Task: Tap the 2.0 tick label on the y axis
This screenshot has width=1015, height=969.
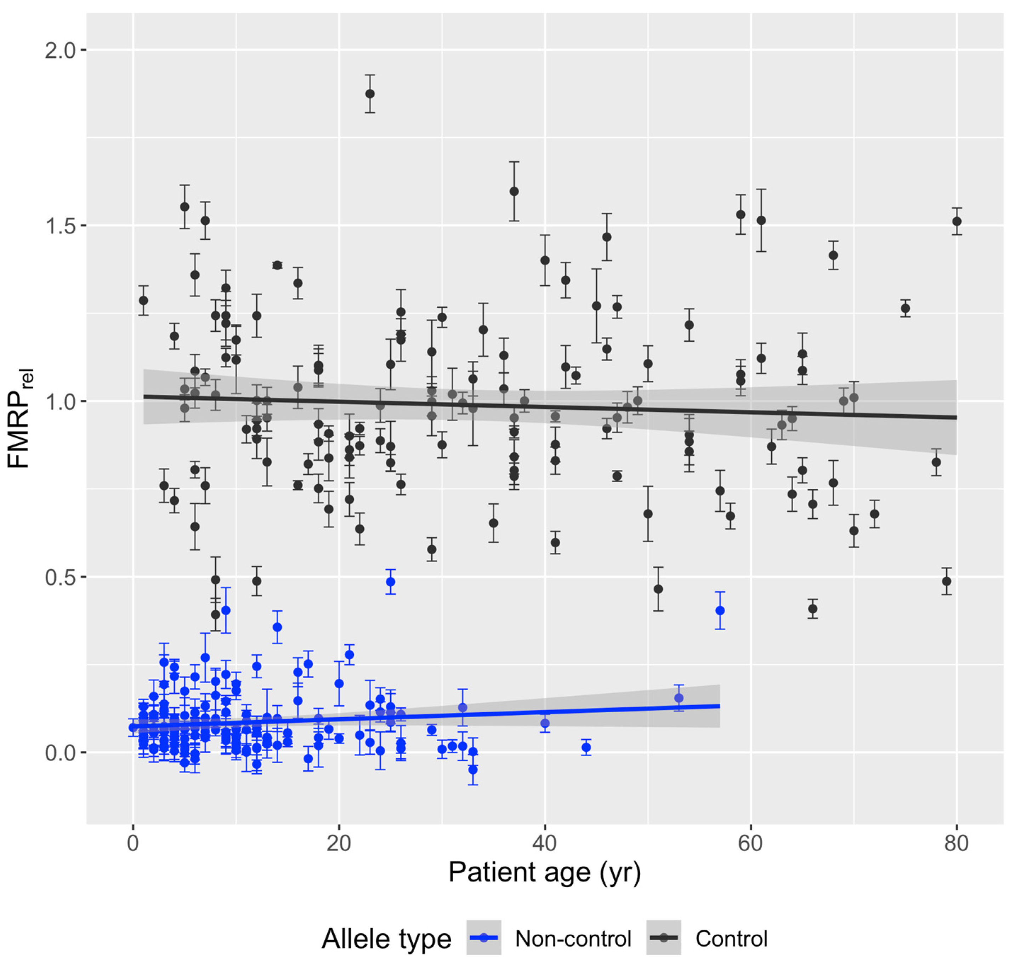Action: tap(60, 51)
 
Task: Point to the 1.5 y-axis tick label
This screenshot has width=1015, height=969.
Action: tap(60, 226)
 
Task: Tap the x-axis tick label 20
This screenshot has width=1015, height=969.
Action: tap(339, 843)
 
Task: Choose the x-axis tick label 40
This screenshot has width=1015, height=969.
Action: tap(544, 843)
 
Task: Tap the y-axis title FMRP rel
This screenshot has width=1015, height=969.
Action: tap(19, 418)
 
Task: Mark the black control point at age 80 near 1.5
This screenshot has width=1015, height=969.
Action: tap(957, 221)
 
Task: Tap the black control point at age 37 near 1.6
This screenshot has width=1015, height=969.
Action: tap(514, 191)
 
